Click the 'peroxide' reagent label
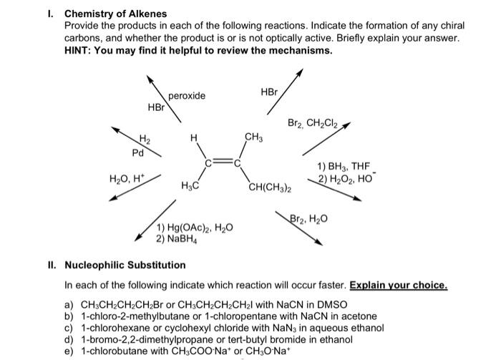pyautogui.click(x=187, y=96)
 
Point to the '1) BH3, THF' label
pyautogui.click(x=342, y=167)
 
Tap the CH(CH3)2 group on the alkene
pyautogui.click(x=269, y=188)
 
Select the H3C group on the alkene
pyautogui.click(x=190, y=187)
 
